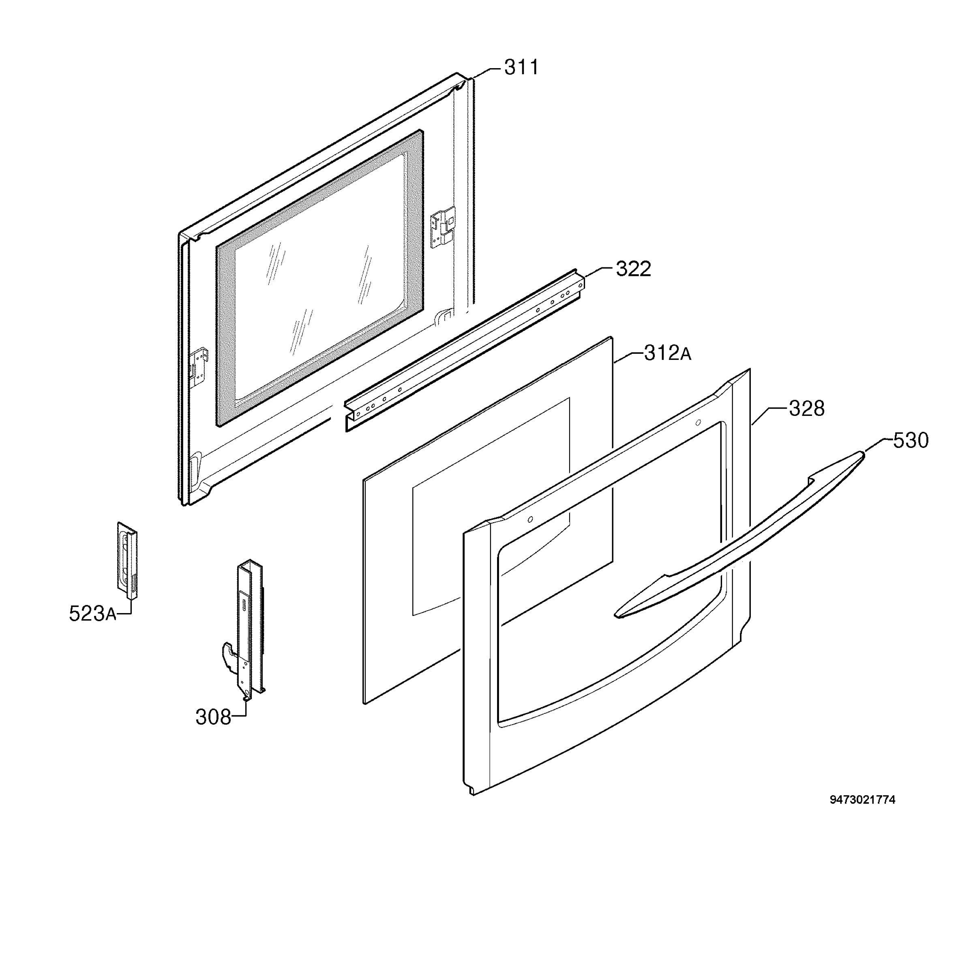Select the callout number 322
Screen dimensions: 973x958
(633, 269)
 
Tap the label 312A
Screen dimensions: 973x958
(667, 354)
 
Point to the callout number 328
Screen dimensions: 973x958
(806, 409)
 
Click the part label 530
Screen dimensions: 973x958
(910, 440)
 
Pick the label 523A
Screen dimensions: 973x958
(92, 614)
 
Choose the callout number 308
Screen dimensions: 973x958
(213, 717)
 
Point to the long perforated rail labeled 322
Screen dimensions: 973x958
(465, 350)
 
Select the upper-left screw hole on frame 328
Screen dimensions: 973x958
(530, 519)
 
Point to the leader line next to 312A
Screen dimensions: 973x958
(628, 358)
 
